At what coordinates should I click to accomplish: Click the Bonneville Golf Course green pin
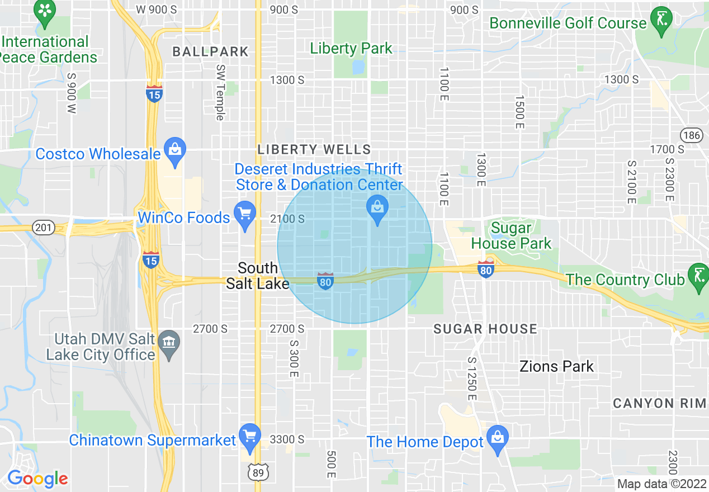[x=661, y=20]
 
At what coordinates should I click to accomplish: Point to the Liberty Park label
[x=351, y=49]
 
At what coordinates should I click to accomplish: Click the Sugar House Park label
[x=511, y=236]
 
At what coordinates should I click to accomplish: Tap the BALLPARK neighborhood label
[x=210, y=52]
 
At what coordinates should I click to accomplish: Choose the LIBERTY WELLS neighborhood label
[x=314, y=149]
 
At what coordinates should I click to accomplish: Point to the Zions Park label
[x=556, y=367]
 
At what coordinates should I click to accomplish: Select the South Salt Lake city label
[x=258, y=276]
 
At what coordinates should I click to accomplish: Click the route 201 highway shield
[x=43, y=228]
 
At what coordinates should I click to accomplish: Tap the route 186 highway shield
[x=691, y=135]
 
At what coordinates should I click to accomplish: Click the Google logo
[x=37, y=479]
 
